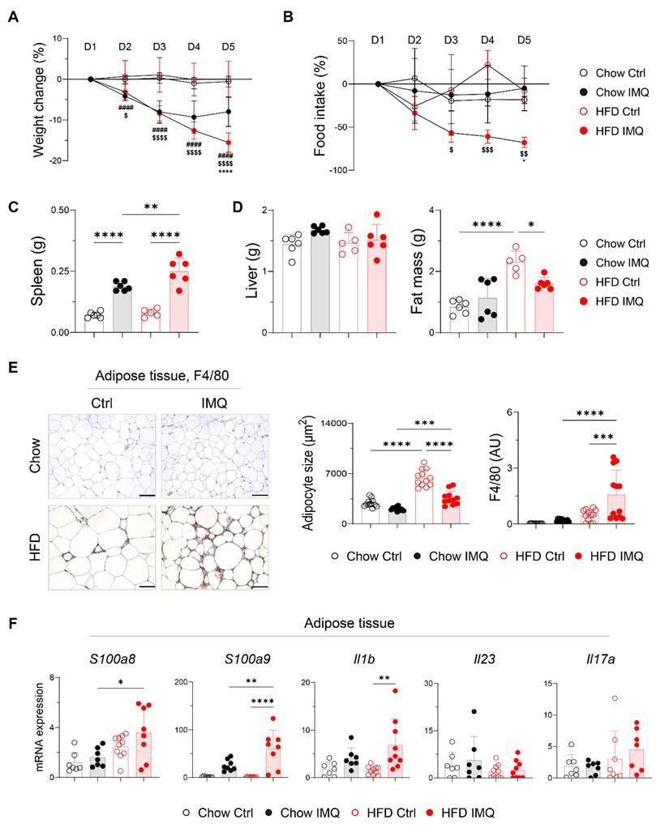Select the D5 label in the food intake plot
pyautogui.click(x=524, y=39)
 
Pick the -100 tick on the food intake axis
pyautogui.click(x=339, y=170)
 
